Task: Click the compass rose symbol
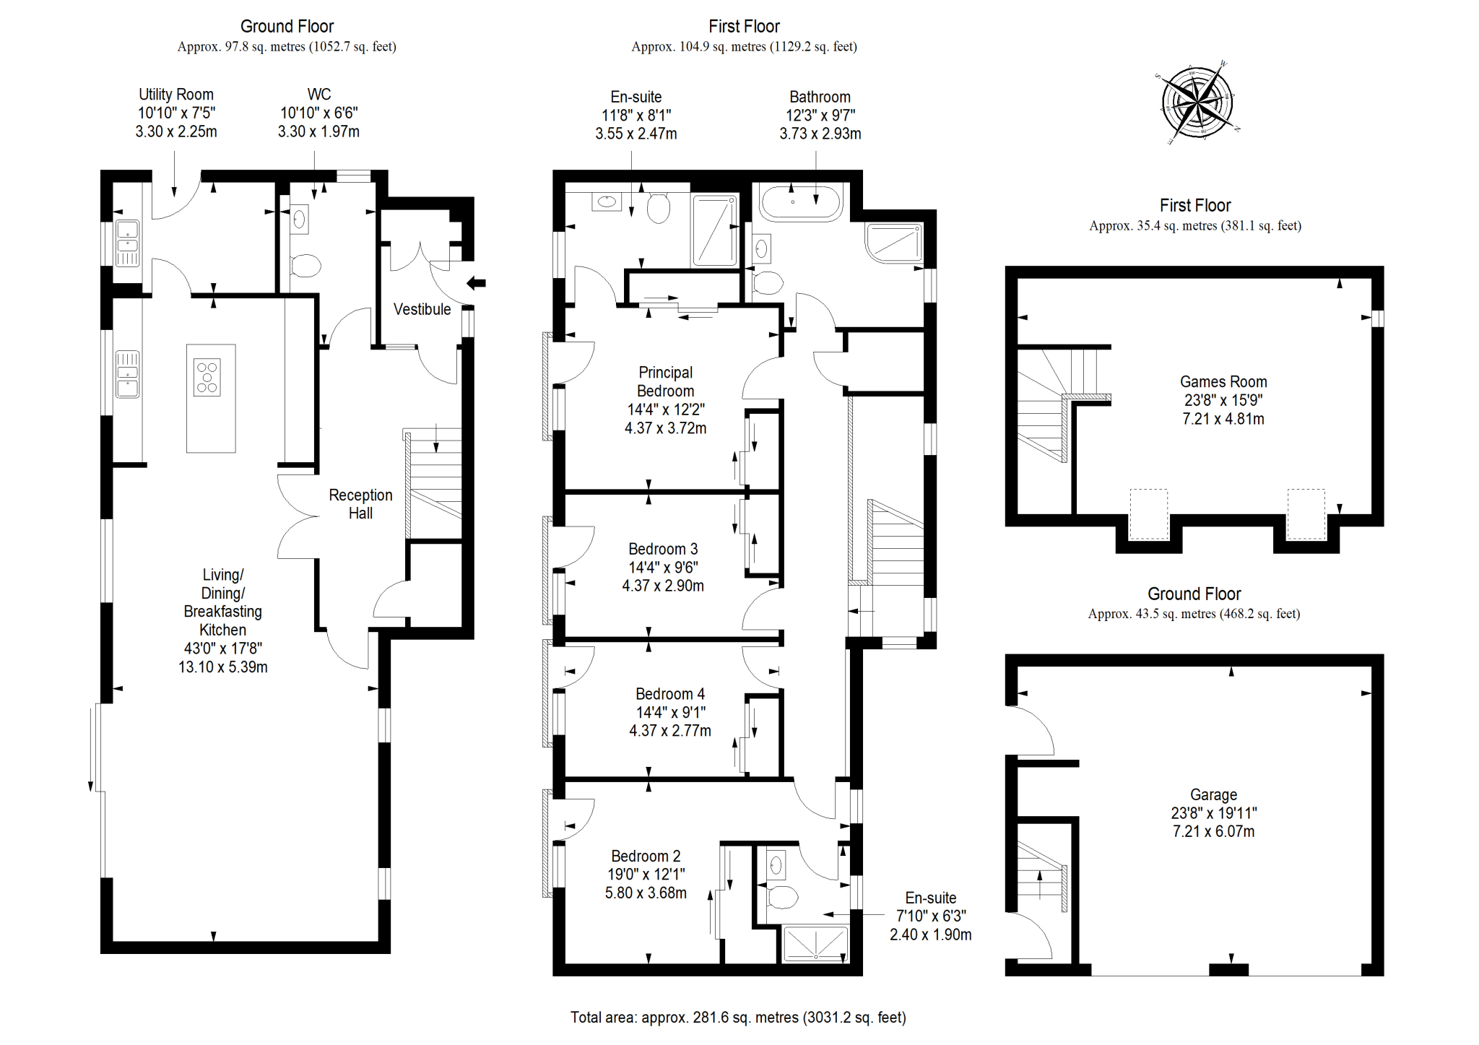tap(1197, 102)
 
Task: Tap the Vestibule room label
tap(422, 309)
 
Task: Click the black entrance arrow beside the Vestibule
tap(477, 283)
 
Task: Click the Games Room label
tap(1223, 382)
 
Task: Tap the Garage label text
tap(1214, 795)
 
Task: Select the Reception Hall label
tap(360, 504)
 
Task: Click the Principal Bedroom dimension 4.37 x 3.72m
tap(665, 428)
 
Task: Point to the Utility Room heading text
tap(176, 95)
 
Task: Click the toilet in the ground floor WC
tap(305, 266)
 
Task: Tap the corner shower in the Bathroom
tap(895, 243)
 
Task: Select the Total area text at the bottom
tap(738, 1018)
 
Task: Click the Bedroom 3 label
tap(663, 549)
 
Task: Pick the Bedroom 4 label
tap(670, 694)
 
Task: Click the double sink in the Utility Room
tap(128, 243)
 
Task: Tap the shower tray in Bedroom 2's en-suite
tap(816, 945)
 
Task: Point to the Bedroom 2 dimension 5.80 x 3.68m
tap(646, 893)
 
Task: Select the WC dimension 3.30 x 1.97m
tap(318, 132)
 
